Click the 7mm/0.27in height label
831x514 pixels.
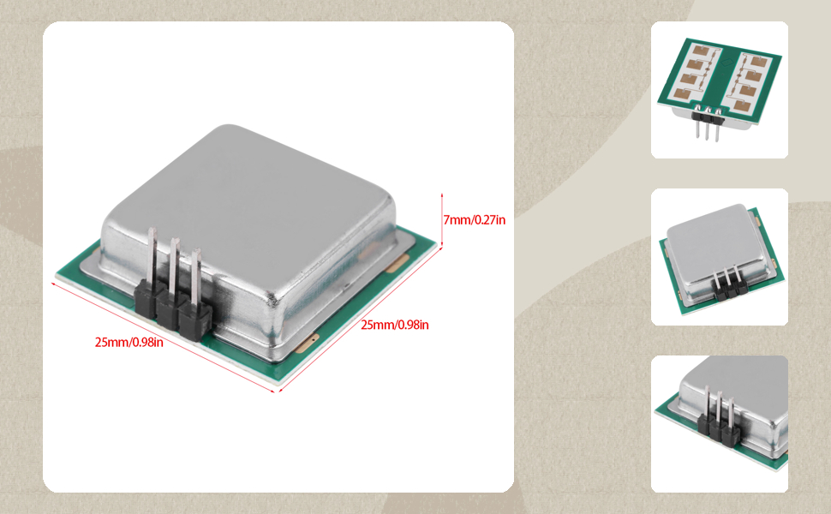coord(474,220)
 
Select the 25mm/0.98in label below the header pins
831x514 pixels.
coord(129,343)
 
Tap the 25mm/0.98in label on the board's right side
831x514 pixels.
coord(395,325)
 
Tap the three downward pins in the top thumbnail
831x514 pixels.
coord(707,127)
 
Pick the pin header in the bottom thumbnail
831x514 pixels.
coord(718,420)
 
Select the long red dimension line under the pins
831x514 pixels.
coord(163,337)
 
